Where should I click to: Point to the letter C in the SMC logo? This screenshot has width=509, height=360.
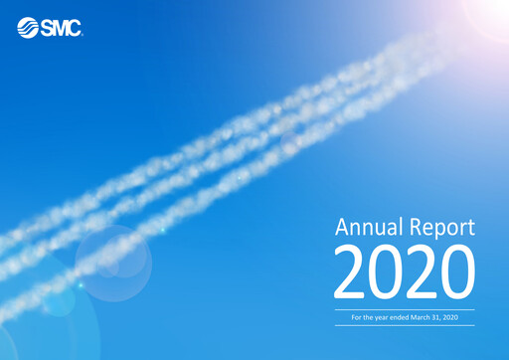click(74, 28)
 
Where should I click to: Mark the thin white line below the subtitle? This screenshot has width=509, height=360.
click(404, 325)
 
